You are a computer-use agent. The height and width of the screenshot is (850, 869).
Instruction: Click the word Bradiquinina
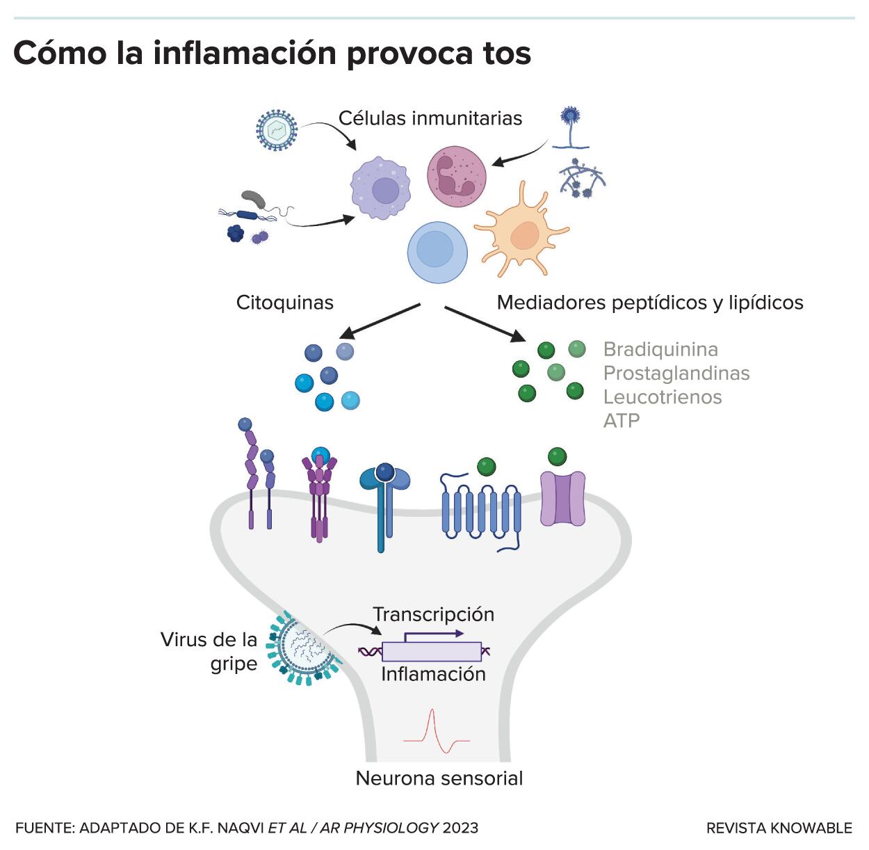pos(660,349)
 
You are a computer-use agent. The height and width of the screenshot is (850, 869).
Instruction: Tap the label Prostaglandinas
pos(676,374)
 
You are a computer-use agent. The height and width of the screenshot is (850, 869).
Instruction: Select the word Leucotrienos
pos(663,397)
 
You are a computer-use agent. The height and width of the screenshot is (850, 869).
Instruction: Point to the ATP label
pos(622,421)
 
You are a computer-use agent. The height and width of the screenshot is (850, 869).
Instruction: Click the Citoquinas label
pos(285,303)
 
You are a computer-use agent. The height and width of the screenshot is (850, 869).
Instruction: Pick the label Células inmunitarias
pos(430,118)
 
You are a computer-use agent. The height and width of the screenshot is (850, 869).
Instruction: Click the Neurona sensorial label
pos(439,778)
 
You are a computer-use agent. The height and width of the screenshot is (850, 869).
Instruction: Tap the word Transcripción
pos(433,614)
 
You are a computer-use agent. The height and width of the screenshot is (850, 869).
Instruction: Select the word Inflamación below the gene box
pos(433,674)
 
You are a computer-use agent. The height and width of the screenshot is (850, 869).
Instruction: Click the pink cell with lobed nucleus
pos(456,177)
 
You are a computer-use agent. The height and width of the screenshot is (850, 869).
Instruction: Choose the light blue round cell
pos(437,252)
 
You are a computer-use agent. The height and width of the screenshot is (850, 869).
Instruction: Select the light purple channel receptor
pos(562,498)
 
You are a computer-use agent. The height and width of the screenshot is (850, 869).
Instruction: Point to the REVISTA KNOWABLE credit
pos(779,828)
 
